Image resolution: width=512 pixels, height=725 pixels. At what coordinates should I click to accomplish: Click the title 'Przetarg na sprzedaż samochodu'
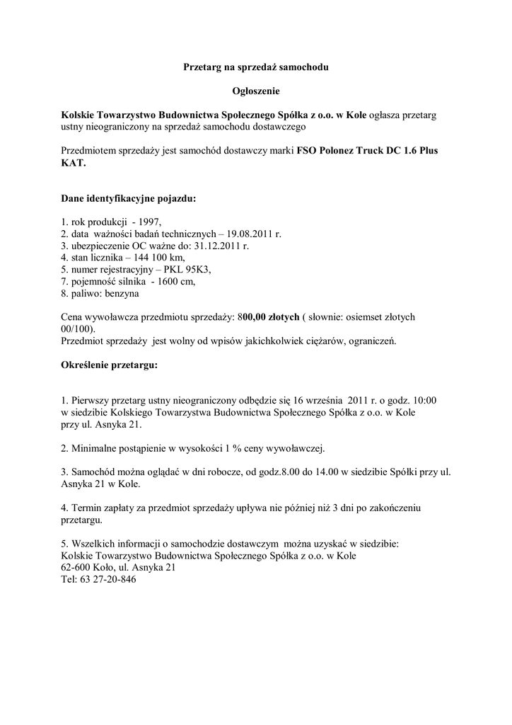(257, 67)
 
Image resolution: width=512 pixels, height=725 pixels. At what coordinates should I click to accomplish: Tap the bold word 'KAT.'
(74, 162)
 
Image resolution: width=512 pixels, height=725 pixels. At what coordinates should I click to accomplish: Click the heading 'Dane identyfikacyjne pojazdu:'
(128, 199)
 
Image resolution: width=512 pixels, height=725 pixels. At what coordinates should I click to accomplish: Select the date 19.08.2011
(250, 234)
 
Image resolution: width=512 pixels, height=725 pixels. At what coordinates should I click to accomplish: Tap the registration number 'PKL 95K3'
(187, 270)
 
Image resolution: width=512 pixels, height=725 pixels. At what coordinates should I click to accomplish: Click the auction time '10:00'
(423, 400)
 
